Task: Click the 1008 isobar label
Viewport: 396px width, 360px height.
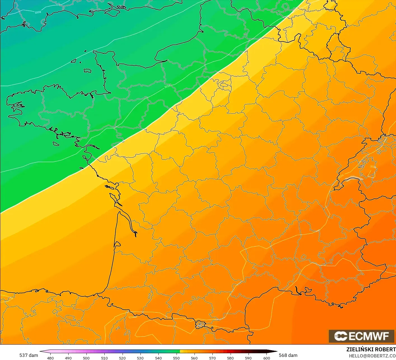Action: click(38, 12)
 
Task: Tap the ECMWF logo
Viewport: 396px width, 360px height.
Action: click(361, 336)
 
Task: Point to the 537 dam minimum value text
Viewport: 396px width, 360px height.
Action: click(29, 355)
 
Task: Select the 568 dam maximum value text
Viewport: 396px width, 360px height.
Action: click(288, 355)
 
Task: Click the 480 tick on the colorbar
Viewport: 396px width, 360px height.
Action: click(50, 358)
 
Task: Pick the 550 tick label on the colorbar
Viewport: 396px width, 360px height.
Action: click(176, 358)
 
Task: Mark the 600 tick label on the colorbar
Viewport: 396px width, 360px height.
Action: click(267, 358)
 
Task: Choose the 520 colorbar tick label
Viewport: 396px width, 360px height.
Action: click(122, 358)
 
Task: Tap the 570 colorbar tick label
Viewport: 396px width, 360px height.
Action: click(212, 358)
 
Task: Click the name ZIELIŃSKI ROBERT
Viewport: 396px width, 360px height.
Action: click(371, 349)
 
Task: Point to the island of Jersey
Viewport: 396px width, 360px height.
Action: click(88, 71)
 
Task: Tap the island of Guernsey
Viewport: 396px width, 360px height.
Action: click(74, 60)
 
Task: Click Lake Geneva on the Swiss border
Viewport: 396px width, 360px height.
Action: click(353, 178)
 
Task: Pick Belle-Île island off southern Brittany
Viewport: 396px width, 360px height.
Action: click(56, 144)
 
